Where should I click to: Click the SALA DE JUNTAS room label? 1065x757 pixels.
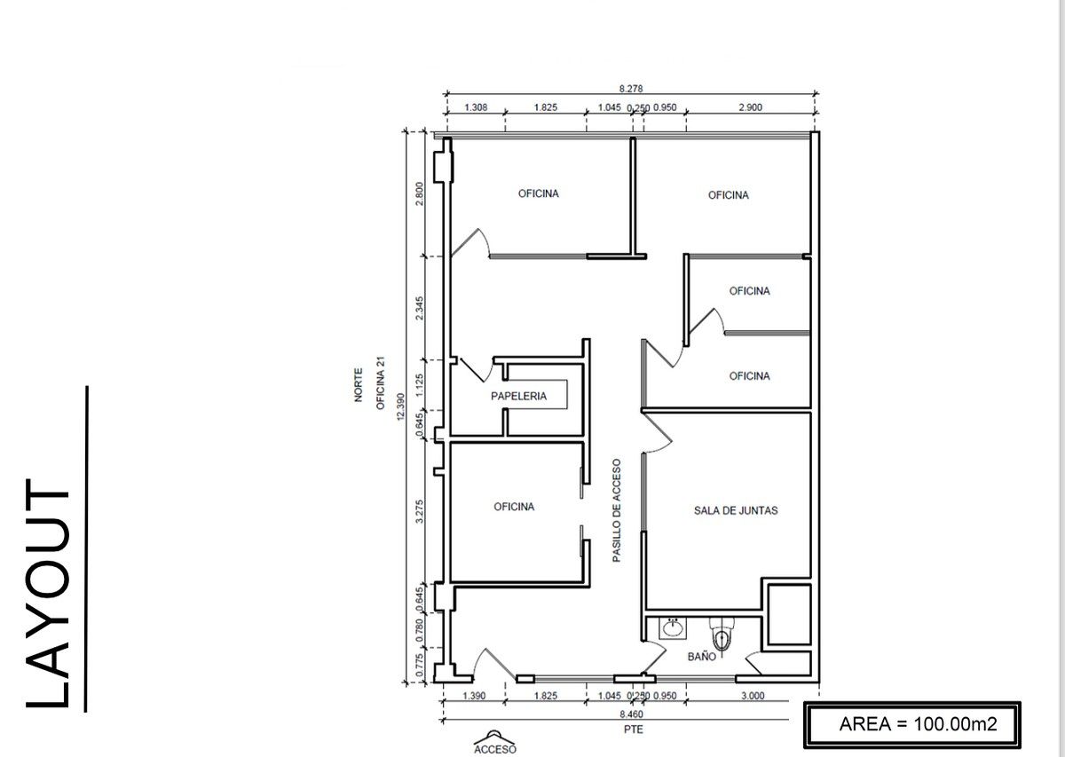click(736, 510)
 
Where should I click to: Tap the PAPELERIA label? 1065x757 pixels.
click(518, 396)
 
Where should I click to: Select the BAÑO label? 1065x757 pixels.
click(702, 657)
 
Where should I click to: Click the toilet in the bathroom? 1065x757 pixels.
click(722, 634)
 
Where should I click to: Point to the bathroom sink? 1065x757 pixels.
click(673, 628)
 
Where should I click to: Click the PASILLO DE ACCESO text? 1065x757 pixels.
click(617, 510)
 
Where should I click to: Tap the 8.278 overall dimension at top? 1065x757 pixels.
click(631, 89)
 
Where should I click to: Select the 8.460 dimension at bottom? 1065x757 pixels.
click(631, 714)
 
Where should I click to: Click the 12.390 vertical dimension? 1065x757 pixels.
click(400, 406)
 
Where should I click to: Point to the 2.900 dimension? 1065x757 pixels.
click(750, 107)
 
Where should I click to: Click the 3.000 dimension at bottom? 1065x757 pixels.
click(753, 696)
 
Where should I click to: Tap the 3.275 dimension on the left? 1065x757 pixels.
click(419, 511)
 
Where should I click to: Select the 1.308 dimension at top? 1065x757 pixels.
click(476, 107)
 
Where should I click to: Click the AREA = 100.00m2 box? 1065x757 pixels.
click(912, 725)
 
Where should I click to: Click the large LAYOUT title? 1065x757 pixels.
click(48, 594)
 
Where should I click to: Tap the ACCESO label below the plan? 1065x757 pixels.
click(495, 749)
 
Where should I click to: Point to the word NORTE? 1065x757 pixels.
click(359, 384)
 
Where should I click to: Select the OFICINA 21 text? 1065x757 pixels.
click(381, 383)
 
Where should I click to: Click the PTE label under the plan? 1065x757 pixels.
click(634, 729)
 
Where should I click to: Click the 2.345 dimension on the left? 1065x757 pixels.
click(419, 308)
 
